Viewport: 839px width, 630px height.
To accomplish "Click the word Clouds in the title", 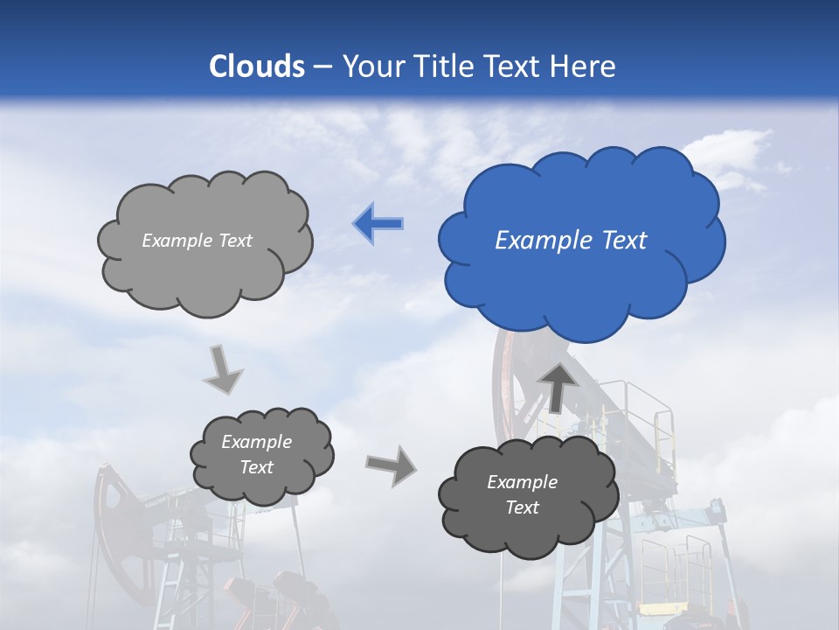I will [x=257, y=66].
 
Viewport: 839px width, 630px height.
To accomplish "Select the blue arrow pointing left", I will [x=378, y=224].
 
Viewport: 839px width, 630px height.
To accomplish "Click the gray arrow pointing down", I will [x=222, y=368].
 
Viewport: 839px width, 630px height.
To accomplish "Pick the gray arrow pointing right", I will [x=392, y=465].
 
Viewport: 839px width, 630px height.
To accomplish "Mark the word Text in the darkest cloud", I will [x=523, y=507].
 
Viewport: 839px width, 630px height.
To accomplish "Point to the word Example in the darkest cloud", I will [x=522, y=482].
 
